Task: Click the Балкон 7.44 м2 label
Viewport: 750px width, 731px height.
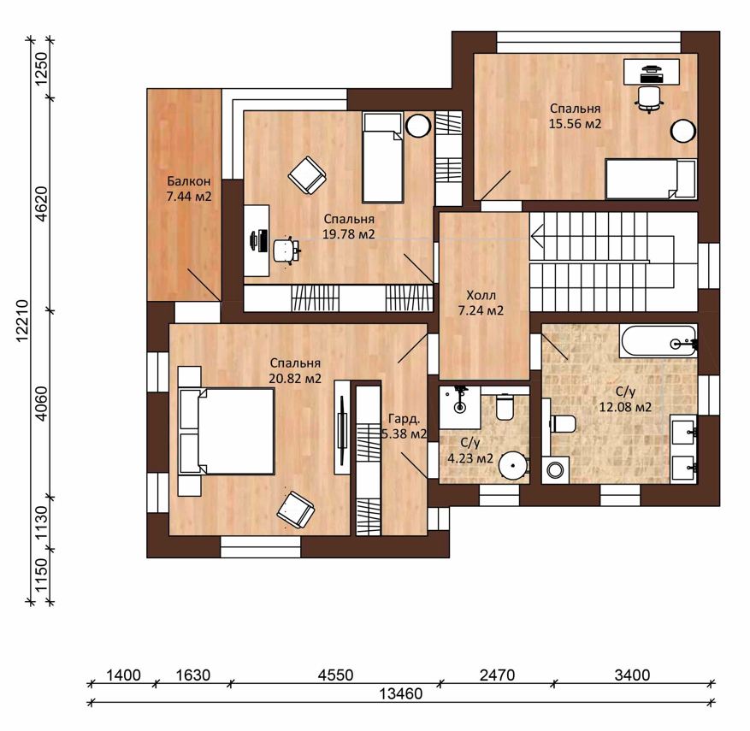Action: coord(188,189)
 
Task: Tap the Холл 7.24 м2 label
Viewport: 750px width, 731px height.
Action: coord(481,303)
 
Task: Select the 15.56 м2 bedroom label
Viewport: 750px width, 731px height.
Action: coord(575,116)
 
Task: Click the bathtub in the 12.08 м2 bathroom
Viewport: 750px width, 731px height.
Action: coord(658,341)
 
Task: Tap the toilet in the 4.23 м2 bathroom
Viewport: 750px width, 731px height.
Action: coord(505,406)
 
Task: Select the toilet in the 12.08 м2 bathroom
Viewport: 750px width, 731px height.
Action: coord(563,423)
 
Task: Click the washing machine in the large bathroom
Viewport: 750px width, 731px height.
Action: coord(555,469)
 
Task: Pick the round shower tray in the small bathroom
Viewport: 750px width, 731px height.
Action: coord(513,465)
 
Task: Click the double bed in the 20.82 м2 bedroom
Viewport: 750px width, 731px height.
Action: coord(227,431)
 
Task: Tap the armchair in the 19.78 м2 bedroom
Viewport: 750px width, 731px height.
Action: coord(307,175)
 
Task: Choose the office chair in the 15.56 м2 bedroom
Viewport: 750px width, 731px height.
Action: coord(648,99)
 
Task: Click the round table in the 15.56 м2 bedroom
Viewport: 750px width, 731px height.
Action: coord(682,131)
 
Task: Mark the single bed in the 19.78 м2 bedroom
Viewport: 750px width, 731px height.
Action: coord(382,157)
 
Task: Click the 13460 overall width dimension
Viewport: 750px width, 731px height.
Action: coord(401,693)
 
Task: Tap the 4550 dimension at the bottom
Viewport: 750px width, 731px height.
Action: coord(336,675)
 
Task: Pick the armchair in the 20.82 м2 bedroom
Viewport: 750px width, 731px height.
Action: coord(296,510)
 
